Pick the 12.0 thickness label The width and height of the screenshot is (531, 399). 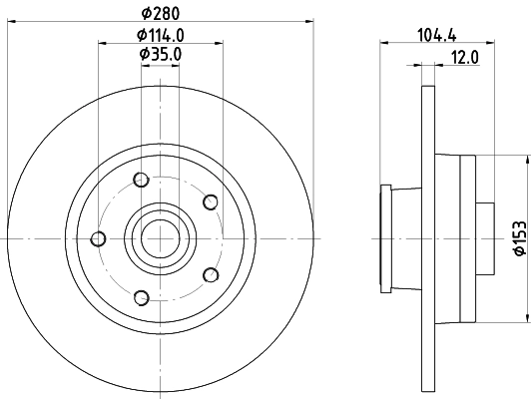coord(464,57)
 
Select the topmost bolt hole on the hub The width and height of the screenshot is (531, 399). coord(140,181)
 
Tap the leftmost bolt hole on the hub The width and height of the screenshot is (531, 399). coord(98,238)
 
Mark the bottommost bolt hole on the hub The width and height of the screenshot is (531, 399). coord(140,296)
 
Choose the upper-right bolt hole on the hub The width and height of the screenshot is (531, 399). coord(210,202)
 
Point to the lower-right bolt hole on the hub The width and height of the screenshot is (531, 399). coord(210,274)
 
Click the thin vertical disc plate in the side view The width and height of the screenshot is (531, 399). coord(429,238)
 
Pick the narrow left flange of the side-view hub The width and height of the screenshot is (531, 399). coord(384,238)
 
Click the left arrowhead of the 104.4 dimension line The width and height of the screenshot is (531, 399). coord(384,44)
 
